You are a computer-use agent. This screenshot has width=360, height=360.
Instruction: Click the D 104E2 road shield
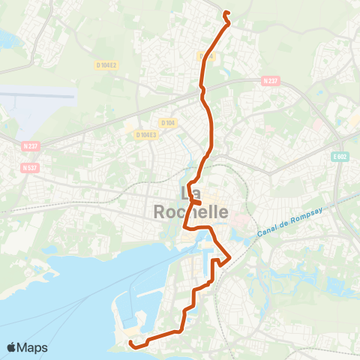point(106,65)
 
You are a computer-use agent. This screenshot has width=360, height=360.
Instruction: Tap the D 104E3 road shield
point(146,134)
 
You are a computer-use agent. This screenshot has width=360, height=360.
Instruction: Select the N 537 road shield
point(31,167)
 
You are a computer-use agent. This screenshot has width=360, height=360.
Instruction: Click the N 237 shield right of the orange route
point(271,80)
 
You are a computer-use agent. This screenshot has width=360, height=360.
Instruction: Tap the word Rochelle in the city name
point(191,212)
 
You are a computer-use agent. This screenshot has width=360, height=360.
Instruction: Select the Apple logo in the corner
point(12,347)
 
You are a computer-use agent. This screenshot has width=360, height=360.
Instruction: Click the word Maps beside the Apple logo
point(34,347)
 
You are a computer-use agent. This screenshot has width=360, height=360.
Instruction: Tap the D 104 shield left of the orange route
point(167,122)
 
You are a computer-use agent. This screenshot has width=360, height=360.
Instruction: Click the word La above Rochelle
point(192,192)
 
